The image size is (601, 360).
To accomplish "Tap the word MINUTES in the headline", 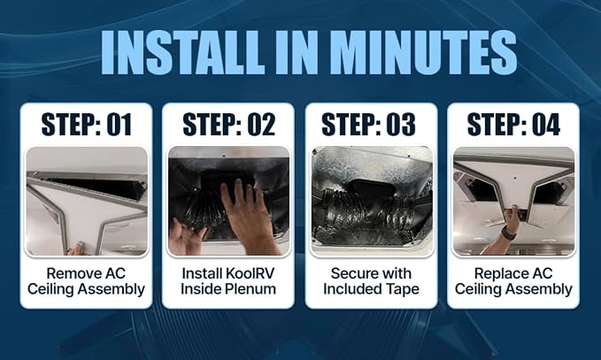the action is [425, 52].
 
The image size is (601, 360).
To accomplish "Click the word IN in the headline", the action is [298, 52].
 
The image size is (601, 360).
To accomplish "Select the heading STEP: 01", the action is [87, 125].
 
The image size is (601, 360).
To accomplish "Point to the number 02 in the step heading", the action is [261, 125].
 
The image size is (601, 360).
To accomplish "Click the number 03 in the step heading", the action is [401, 125].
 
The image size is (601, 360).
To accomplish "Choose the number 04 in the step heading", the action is [546, 125].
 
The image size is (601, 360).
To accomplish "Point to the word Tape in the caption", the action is [404, 289].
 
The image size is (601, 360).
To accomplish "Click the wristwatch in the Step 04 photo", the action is [509, 233].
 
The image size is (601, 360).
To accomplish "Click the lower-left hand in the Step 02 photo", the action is [187, 238].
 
